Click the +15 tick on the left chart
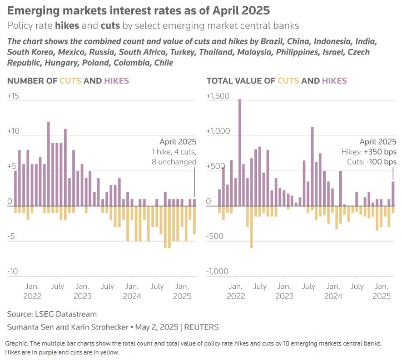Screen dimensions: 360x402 (13, 96)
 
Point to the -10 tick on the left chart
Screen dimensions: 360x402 (13, 271)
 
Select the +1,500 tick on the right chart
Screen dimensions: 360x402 (217, 96)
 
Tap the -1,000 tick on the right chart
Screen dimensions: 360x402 (217, 271)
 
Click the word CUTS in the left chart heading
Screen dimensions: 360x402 (70, 81)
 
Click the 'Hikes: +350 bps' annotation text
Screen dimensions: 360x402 (369, 152)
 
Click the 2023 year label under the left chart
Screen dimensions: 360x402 (82, 296)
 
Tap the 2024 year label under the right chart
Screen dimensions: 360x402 (332, 296)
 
